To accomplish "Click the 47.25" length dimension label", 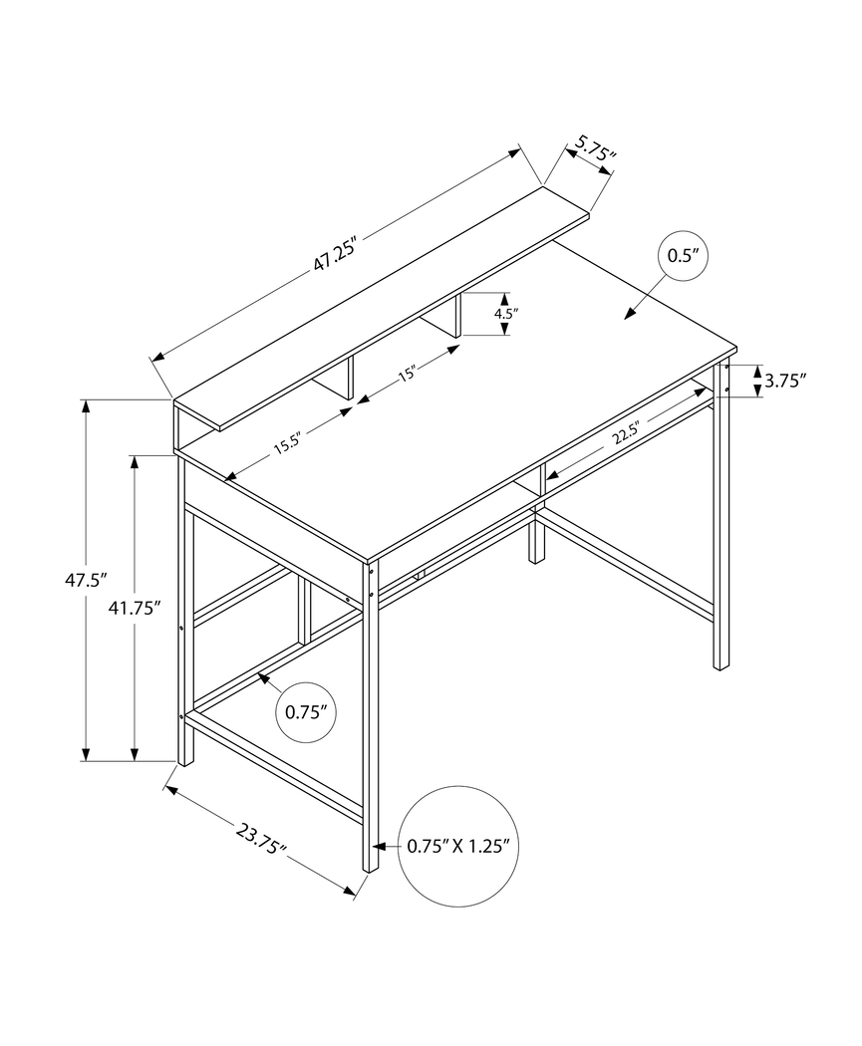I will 335,255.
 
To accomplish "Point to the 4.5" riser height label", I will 506,314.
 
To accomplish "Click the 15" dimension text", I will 407,375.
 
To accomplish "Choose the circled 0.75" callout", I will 306,711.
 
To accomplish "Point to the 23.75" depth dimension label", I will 262,839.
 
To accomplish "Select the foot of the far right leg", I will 721,663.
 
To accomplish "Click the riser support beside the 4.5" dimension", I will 450,317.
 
